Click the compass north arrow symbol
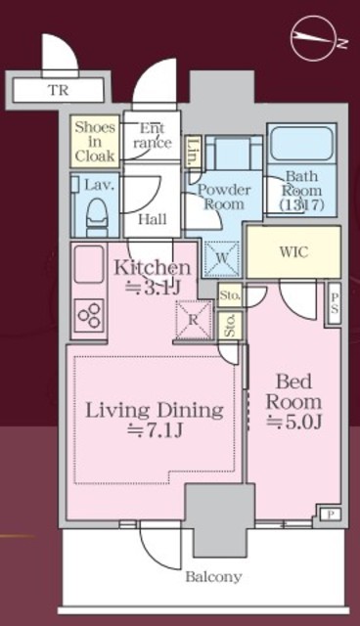click(x=315, y=39)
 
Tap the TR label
click(x=59, y=90)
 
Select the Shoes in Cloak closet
click(x=95, y=141)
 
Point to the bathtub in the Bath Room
click(x=301, y=144)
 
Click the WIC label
click(x=293, y=252)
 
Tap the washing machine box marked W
click(x=221, y=258)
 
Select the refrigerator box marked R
click(x=194, y=320)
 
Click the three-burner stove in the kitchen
click(x=89, y=316)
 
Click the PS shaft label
click(x=334, y=302)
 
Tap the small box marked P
click(x=331, y=515)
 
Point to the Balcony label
click(x=213, y=577)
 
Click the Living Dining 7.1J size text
click(x=155, y=430)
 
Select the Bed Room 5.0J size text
click(x=294, y=422)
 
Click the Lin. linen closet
click(x=193, y=151)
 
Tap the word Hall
click(x=153, y=219)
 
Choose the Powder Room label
click(x=224, y=197)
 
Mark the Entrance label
click(x=153, y=136)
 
